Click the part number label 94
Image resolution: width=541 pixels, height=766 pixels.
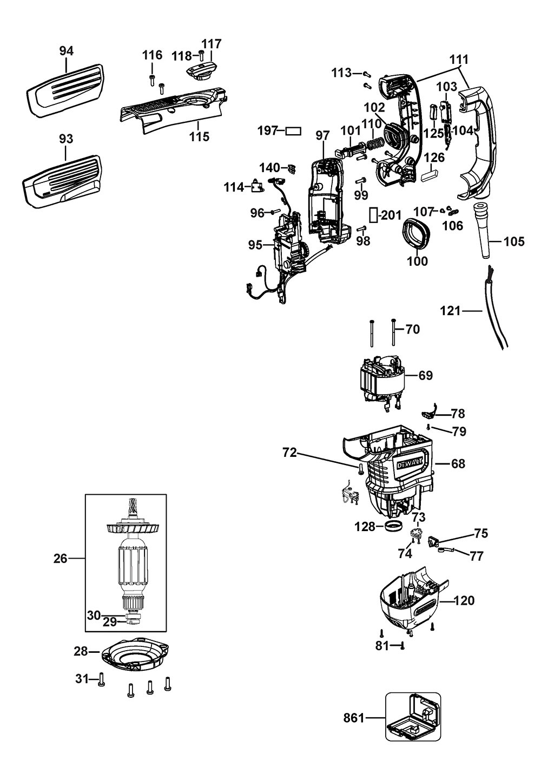[66, 51]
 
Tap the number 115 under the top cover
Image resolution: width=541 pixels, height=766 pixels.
[199, 136]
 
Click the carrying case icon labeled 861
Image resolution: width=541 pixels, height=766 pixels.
[412, 718]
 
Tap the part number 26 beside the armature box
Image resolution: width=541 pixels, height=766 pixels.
[61, 558]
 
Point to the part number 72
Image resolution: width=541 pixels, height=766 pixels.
[290, 453]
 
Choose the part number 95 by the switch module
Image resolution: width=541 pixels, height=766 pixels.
[255, 245]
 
